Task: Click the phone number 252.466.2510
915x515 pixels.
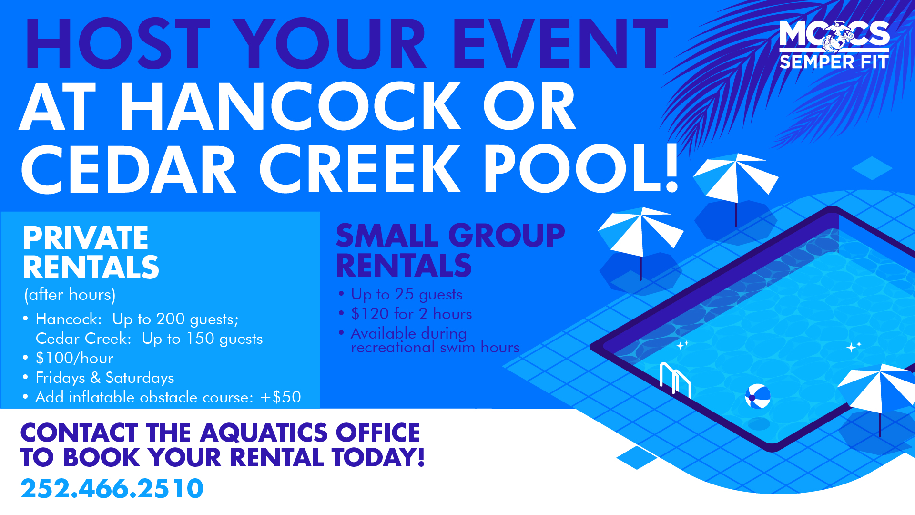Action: pyautogui.click(x=112, y=489)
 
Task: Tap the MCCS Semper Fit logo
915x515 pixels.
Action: pyautogui.click(x=834, y=45)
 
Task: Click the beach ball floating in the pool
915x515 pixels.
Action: pyautogui.click(x=757, y=396)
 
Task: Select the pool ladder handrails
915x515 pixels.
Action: pyautogui.click(x=675, y=380)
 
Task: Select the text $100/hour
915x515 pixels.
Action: pyautogui.click(x=74, y=358)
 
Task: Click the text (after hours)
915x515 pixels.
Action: pyautogui.click(x=70, y=295)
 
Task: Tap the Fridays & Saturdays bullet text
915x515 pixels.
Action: pyautogui.click(x=105, y=378)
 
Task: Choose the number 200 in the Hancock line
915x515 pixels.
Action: pyautogui.click(x=171, y=319)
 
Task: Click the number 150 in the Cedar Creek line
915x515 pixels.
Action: pyautogui.click(x=200, y=339)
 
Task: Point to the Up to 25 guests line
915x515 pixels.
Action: pyautogui.click(x=407, y=294)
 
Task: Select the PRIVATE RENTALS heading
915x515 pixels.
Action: pyautogui.click(x=91, y=252)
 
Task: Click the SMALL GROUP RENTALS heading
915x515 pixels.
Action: pyautogui.click(x=450, y=250)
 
